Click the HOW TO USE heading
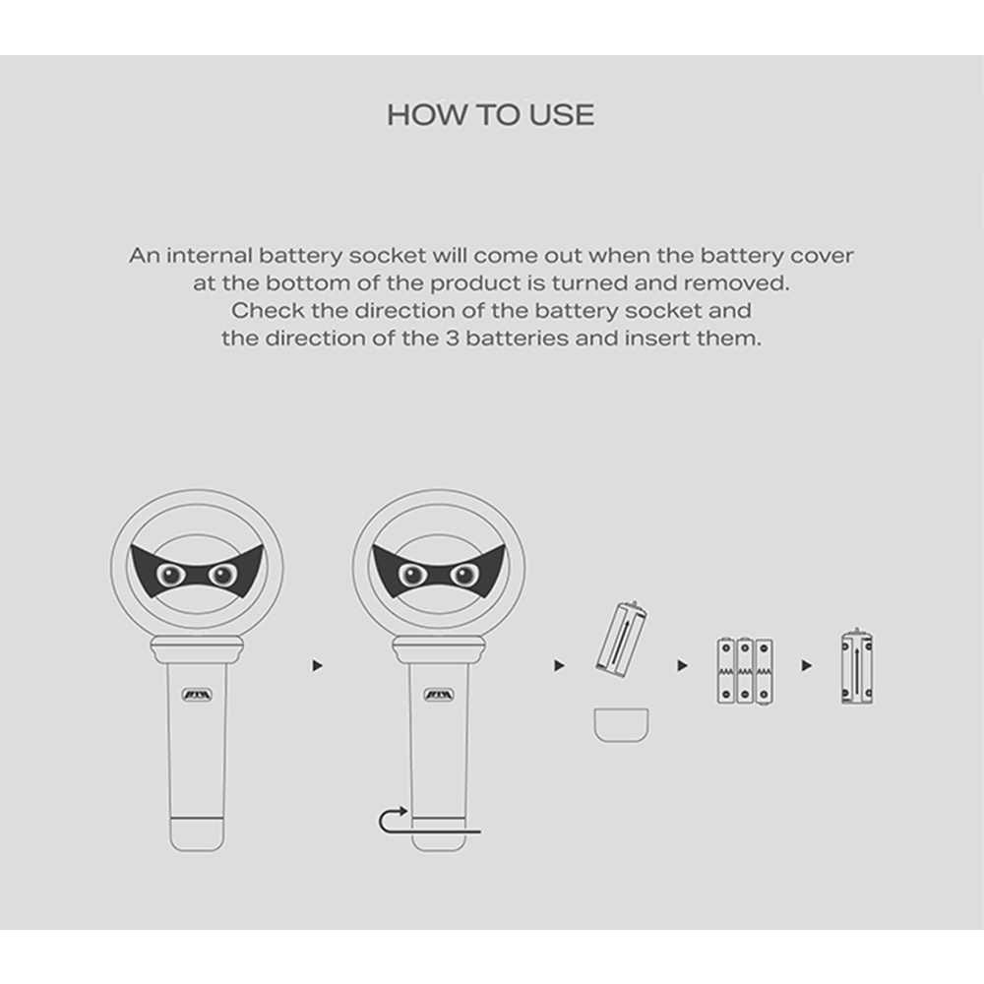click(490, 115)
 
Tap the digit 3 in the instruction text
click(453, 338)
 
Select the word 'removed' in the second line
click(735, 283)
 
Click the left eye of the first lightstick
click(170, 574)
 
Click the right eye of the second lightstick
click(464, 575)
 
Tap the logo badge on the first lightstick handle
click(197, 695)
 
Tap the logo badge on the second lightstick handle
click(439, 695)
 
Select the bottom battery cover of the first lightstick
click(197, 834)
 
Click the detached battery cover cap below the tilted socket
click(621, 725)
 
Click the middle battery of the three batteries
click(745, 671)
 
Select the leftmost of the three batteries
click(726, 671)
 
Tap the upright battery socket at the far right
click(857, 666)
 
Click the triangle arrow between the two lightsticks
click(317, 665)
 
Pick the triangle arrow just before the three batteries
click(682, 665)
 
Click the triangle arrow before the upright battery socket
click(807, 665)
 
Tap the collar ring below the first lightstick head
click(197, 649)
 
